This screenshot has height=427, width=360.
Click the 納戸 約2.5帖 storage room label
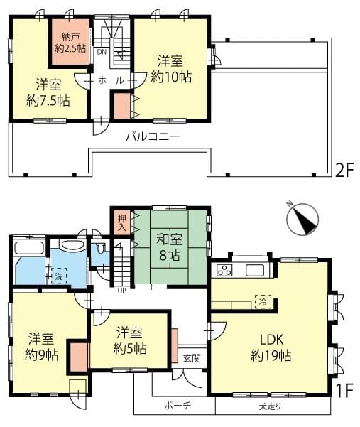point(70,43)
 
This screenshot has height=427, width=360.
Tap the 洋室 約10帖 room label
point(171,69)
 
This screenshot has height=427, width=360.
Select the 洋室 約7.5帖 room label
point(48,92)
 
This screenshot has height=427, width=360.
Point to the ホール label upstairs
point(111,80)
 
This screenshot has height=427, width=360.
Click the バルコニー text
point(153,136)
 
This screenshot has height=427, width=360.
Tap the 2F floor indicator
point(344,170)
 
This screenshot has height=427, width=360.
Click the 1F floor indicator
point(344,391)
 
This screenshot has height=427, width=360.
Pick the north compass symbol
point(302,220)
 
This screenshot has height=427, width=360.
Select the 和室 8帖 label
point(169,247)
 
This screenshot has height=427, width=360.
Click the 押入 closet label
point(122,222)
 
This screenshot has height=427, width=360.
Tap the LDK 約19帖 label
point(271,347)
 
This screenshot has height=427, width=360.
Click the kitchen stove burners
point(225,271)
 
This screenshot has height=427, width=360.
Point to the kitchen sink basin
point(255,271)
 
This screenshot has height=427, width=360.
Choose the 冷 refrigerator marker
point(263,302)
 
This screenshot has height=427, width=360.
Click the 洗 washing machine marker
point(59,276)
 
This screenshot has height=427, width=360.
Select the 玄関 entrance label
point(192,358)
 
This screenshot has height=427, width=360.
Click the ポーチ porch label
point(178,406)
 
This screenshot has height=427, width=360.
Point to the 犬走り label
point(271,406)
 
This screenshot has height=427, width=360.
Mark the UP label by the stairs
point(121,291)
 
